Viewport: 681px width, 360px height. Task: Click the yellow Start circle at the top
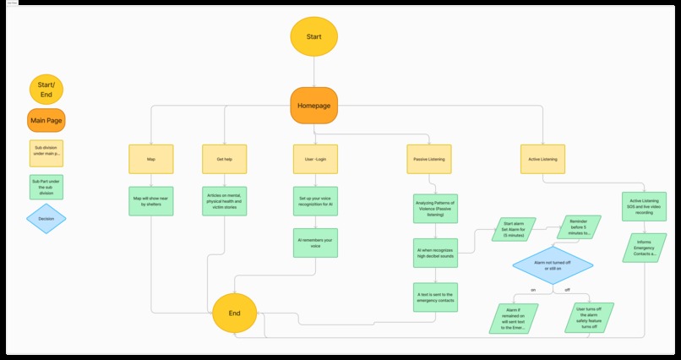pos(314,37)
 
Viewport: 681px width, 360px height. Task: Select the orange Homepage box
pos(314,106)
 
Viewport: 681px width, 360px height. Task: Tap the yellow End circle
pos(235,314)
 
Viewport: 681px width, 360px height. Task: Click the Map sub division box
pos(150,158)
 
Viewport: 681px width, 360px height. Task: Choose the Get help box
pos(224,158)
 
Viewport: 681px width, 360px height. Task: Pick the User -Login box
pos(314,158)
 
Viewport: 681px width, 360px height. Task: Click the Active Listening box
pos(542,158)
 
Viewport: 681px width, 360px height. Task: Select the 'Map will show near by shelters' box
pos(150,202)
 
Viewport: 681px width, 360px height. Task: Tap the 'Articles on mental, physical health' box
pos(224,202)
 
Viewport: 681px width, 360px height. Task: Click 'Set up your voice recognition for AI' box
pos(314,202)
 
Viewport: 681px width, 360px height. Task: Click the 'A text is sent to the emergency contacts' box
pos(436,297)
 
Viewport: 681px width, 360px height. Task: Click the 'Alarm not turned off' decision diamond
pos(553,265)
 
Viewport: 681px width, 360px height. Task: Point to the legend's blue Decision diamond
pos(46,218)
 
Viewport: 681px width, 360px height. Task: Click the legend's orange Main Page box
pos(46,120)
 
